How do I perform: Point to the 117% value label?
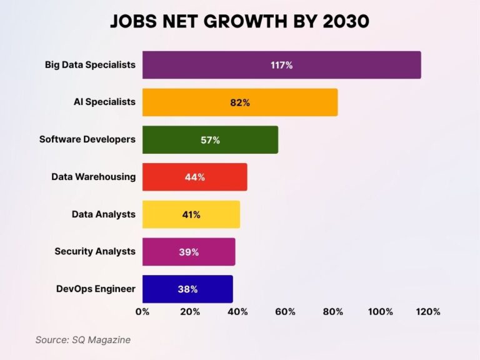(281, 65)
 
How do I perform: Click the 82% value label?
(240, 102)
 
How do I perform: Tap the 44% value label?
(195, 177)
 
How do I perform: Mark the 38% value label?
(187, 289)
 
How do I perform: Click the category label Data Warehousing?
(93, 177)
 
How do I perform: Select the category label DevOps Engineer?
(96, 289)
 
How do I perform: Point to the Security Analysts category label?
(94, 252)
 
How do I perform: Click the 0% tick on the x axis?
(142, 311)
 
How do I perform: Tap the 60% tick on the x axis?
(285, 311)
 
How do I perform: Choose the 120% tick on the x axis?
(428, 311)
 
